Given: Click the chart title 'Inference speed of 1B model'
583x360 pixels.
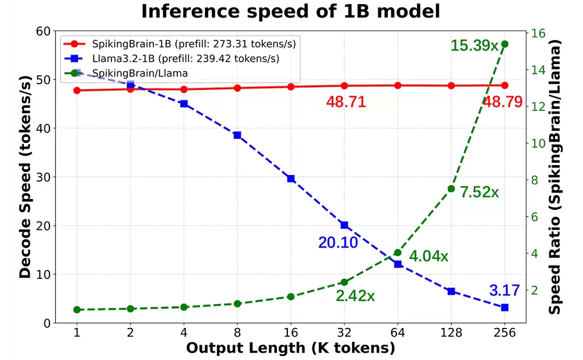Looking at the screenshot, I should point(290,12).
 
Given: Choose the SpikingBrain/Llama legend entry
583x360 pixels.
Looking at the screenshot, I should point(139,73).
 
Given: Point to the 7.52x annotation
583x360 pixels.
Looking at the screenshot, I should point(479,192).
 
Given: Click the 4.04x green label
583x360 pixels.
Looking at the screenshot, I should point(429,256).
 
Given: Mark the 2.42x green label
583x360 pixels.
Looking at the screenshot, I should point(355,296).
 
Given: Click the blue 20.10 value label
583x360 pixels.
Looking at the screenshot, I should point(338,243).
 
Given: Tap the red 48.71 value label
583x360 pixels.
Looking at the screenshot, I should point(346,102).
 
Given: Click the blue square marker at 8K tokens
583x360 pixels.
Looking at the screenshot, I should point(237,135).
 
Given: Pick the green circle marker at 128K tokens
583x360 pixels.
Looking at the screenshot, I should point(451,188).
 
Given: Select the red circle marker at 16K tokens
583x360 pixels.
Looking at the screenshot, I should point(291,87).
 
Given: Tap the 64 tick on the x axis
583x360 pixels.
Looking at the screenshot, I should point(398,333).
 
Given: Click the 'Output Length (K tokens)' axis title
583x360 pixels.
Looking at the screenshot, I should point(290,348).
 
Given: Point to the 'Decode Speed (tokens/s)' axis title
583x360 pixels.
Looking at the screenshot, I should point(25,177).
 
